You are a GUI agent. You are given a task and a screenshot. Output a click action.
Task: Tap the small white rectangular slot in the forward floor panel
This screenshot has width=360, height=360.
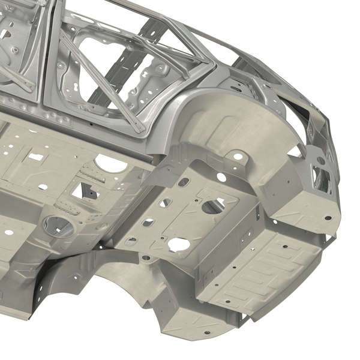coord(36,157)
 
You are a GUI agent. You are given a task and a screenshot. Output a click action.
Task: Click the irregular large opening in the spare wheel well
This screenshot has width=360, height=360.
coord(211,206)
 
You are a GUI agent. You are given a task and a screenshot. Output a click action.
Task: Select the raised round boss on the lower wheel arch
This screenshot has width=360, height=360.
coord(162,260)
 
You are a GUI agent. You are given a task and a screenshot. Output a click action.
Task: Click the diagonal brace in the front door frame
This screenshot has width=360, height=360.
coord(18,72)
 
